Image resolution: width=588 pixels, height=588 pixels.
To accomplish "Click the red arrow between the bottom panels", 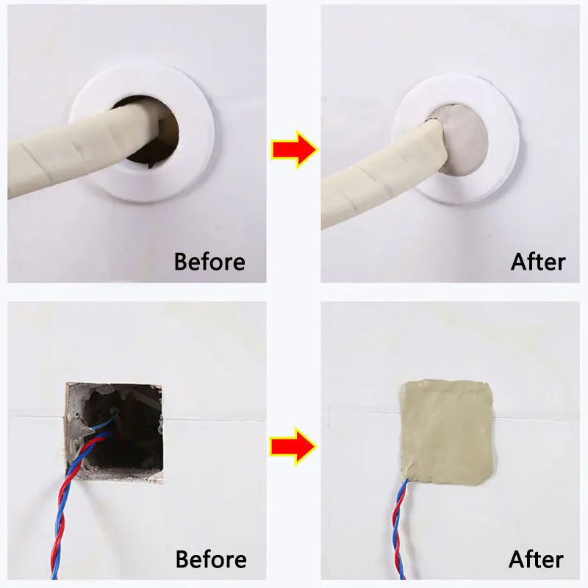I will coord(294,446).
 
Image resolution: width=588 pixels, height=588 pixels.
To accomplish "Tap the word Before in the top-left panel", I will coord(209,261).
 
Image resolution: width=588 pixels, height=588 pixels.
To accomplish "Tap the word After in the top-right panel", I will coord(538,261).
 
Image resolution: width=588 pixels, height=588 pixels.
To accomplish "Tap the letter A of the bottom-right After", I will coord(519,560).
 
